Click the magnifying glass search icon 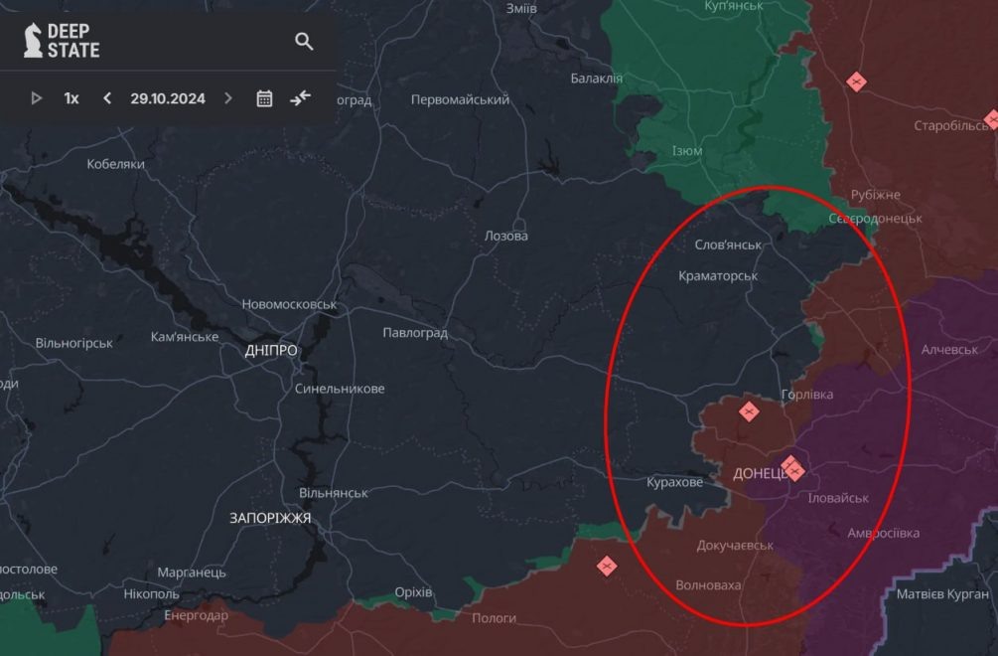[304, 41]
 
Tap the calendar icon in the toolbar [264, 98]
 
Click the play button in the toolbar [37, 98]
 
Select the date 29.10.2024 [168, 98]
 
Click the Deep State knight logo [33, 40]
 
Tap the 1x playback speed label [71, 98]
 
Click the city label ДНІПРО [271, 351]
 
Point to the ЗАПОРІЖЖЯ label [270, 518]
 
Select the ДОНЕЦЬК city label [760, 474]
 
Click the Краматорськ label [718, 275]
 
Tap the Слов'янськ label [728, 245]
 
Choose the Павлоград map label [415, 333]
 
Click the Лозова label [505, 236]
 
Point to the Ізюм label [687, 151]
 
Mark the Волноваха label [708, 585]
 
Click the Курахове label [674, 482]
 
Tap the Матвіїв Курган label [942, 594]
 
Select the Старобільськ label [953, 126]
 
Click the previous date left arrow [107, 98]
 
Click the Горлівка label [807, 395]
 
